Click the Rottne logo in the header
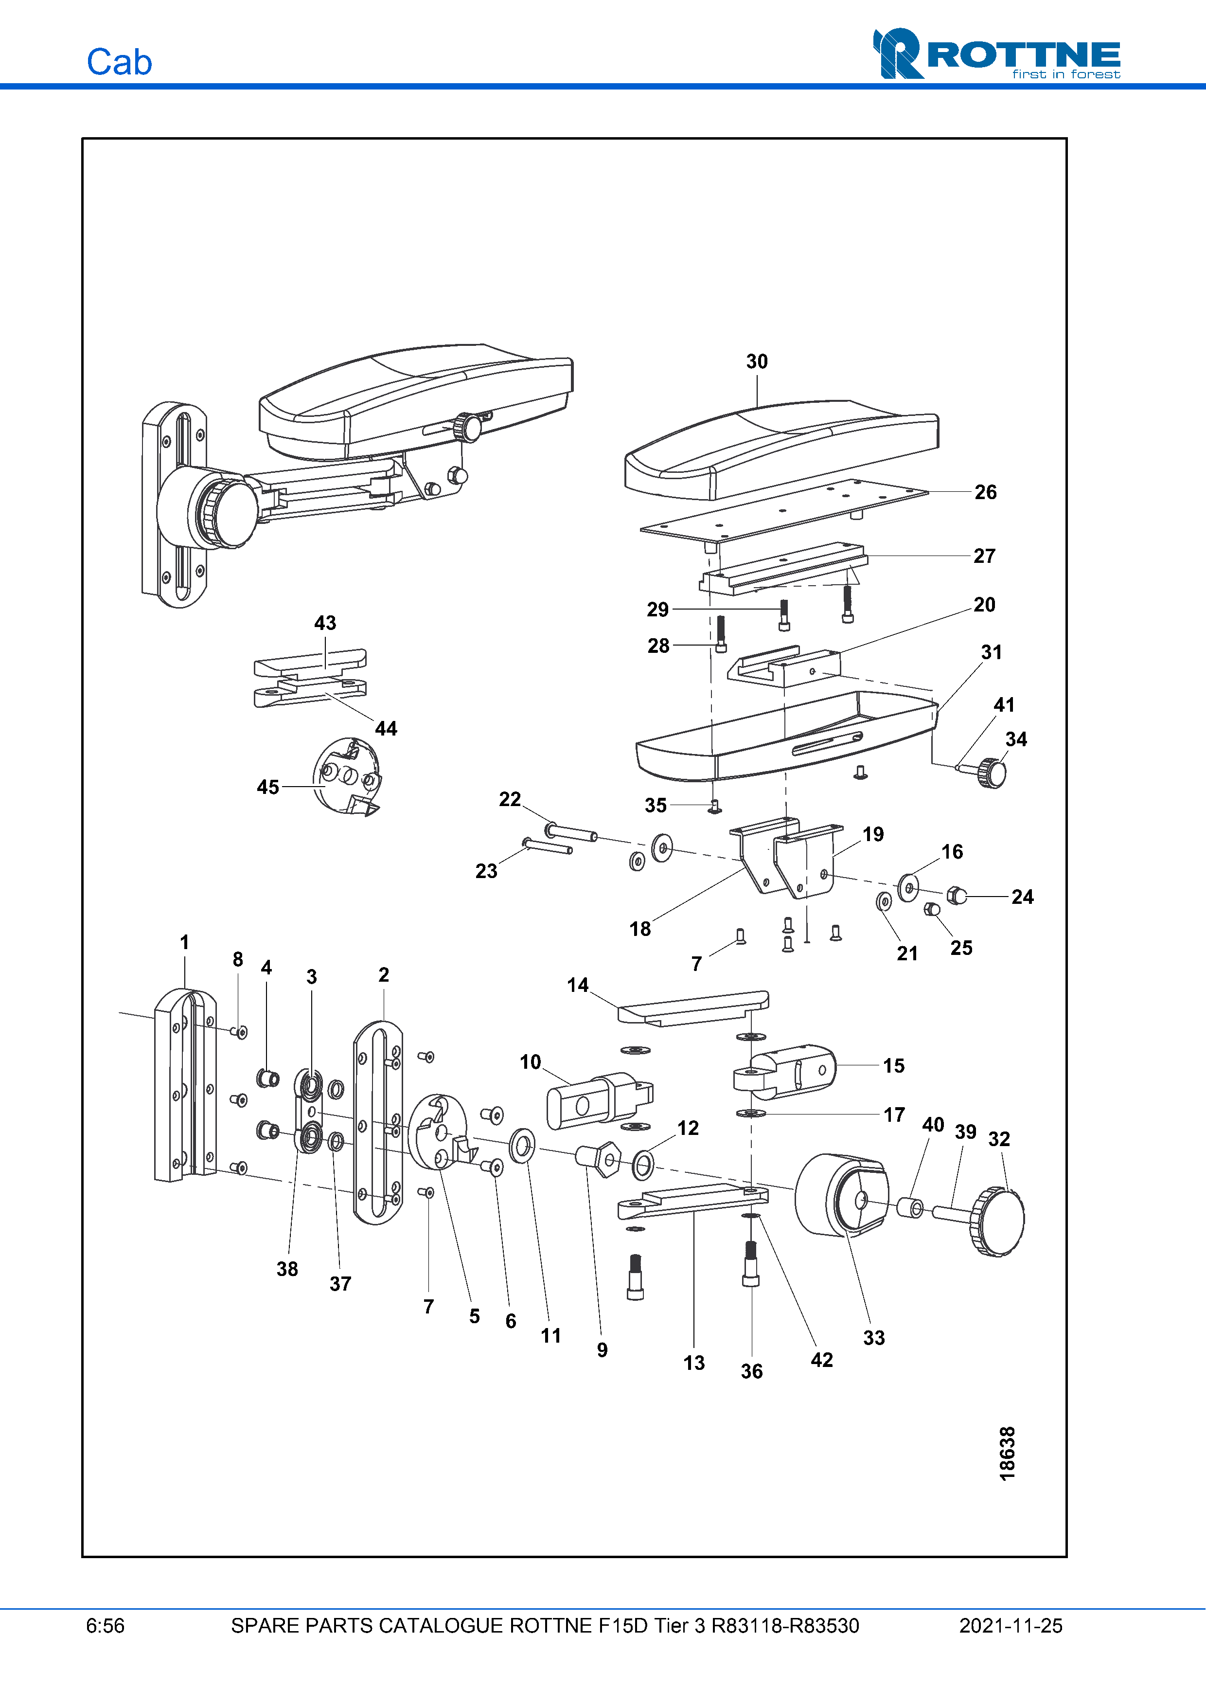pyautogui.click(x=996, y=54)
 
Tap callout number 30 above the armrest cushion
pyautogui.click(x=757, y=361)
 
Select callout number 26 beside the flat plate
pyautogui.click(x=985, y=492)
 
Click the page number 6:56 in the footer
pyautogui.click(x=105, y=1626)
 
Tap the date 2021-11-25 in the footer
pyautogui.click(x=1010, y=1626)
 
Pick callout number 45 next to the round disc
pyautogui.click(x=267, y=787)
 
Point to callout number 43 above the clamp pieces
pyautogui.click(x=325, y=623)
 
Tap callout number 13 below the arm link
pyautogui.click(x=693, y=1363)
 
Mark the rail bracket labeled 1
pyautogui.click(x=184, y=1085)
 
